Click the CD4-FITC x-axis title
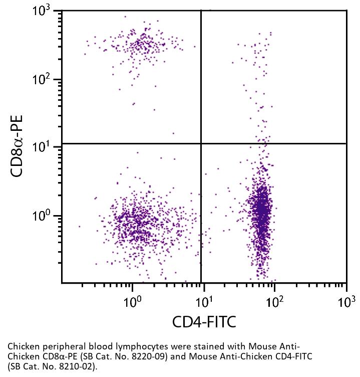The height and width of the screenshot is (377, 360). pos(204,321)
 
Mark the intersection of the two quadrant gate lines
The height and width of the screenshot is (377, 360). pos(201,143)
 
